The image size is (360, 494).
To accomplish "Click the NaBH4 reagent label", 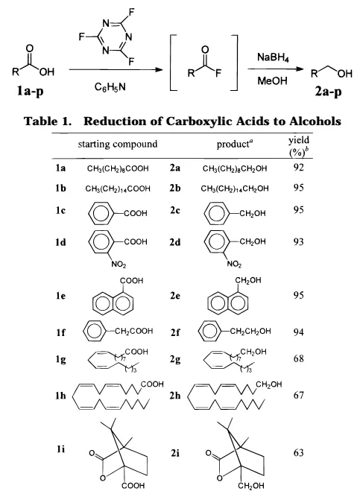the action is coord(273,57).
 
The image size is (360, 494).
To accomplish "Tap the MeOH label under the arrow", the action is coord(272,81).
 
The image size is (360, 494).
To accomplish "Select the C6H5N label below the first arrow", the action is coord(110,87).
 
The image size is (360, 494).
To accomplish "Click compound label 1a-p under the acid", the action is coord(31,91).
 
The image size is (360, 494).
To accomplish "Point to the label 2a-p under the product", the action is coord(328,92).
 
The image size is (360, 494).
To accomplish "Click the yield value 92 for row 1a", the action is coord(299,168).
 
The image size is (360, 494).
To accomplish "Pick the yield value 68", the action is coord(299,358).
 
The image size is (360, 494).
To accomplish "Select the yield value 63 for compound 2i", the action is coord(299,452).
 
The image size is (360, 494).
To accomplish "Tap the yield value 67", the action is coord(299,395).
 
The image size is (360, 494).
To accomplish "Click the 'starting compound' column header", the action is coord(118,145).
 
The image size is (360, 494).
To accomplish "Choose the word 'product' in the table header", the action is coord(233,145).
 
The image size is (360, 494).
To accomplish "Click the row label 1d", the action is coord(61,242).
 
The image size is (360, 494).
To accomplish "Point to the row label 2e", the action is coord(175,296).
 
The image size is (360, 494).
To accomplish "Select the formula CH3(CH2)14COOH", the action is coord(118,189).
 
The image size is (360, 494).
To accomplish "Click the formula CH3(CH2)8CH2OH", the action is coord(235,169).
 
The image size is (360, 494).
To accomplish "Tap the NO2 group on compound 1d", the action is coord(119,265).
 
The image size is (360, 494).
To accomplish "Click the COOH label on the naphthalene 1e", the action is coord(131,280).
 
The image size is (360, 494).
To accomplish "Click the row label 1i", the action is coord(60,449).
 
